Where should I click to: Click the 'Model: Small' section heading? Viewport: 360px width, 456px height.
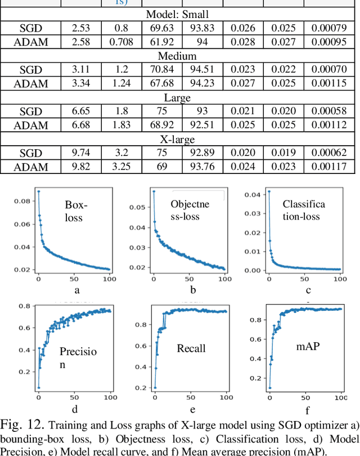pyautogui.click(x=179, y=14)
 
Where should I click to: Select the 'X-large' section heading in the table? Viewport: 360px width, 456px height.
pyautogui.click(x=179, y=138)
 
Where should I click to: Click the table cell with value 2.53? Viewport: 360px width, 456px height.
pyautogui.click(x=80, y=28)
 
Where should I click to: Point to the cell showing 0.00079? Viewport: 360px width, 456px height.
pyautogui.click(x=330, y=28)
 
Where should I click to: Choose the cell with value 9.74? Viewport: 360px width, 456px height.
pyautogui.click(x=80, y=153)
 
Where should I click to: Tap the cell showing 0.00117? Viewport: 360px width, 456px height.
pyautogui.click(x=330, y=167)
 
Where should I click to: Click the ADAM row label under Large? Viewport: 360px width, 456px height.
pyautogui.click(x=30, y=125)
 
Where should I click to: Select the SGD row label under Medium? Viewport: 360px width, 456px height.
pyautogui.click(x=30, y=69)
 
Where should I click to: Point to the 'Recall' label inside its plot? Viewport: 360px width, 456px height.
pyautogui.click(x=191, y=349)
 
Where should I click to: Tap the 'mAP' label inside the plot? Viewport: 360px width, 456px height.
pyautogui.click(x=308, y=346)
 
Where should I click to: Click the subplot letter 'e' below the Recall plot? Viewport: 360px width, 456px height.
pyautogui.click(x=192, y=409)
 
